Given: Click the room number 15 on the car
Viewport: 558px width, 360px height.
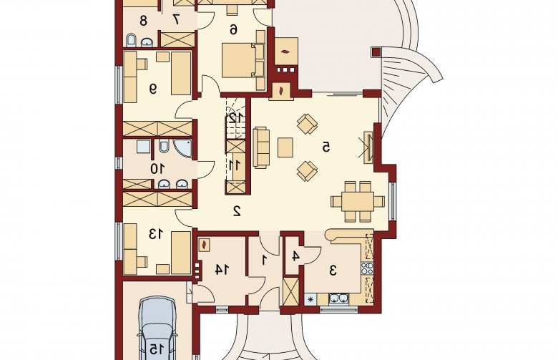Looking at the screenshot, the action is click(157, 349).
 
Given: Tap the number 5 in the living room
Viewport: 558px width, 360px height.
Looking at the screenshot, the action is click(326, 147).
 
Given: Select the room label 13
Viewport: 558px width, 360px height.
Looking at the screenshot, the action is click(156, 234).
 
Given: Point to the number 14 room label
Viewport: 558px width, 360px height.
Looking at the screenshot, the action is click(221, 270).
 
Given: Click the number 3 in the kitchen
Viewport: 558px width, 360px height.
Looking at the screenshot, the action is click(333, 271).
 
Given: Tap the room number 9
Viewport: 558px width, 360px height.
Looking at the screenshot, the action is click(153, 88).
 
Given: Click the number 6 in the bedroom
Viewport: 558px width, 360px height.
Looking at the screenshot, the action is click(233, 30).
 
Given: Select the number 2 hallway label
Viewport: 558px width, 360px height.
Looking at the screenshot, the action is click(237, 211).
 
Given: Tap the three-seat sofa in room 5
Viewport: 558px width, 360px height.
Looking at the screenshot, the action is click(262, 147).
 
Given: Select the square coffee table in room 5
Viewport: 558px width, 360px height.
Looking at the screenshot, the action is click(285, 147).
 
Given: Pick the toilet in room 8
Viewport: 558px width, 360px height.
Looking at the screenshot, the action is click(131, 40).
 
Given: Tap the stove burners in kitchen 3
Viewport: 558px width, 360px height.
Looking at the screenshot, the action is click(367, 268).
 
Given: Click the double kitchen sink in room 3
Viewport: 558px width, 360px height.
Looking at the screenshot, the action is click(338, 298).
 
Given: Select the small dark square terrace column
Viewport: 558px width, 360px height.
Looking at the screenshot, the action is click(376, 52).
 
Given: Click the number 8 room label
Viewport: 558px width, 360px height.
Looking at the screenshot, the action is click(143, 21).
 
